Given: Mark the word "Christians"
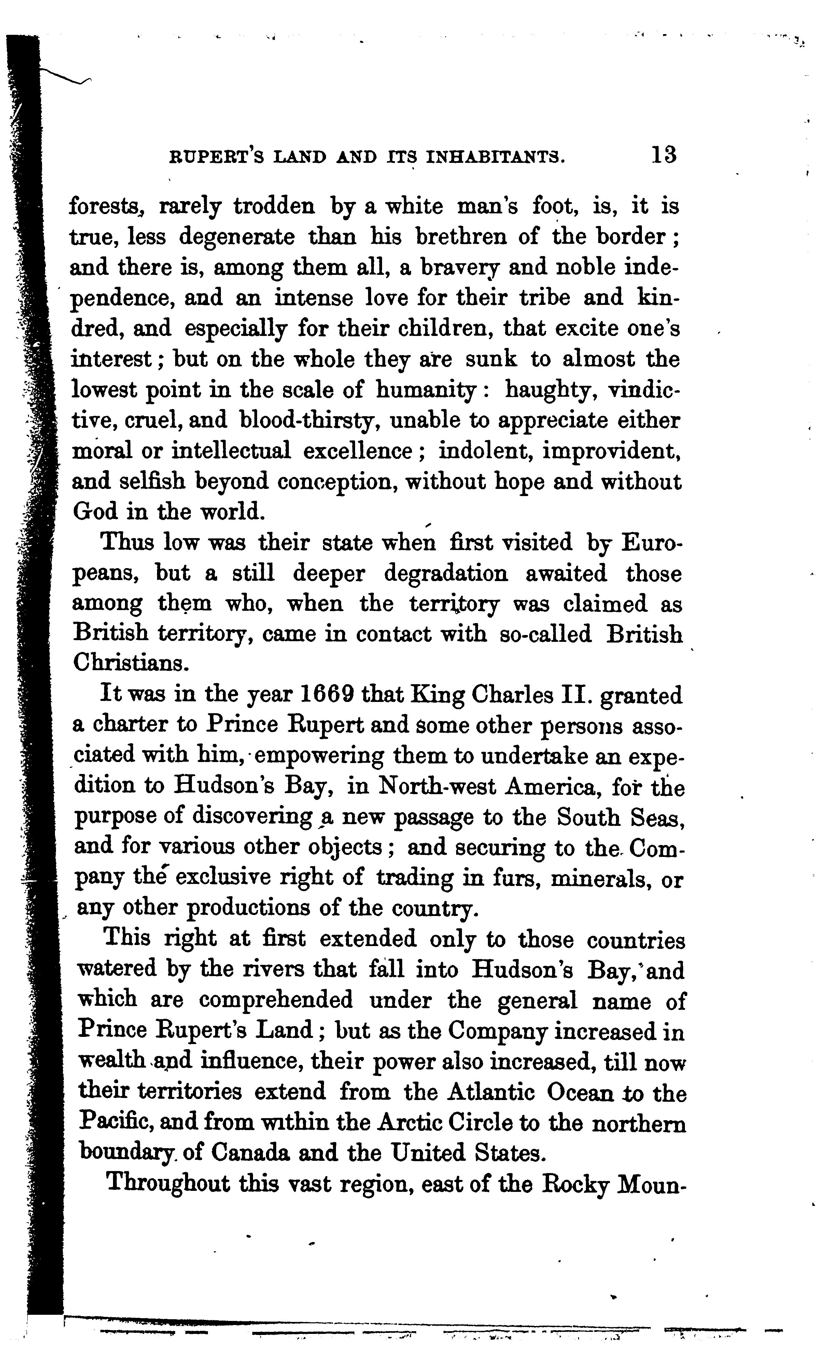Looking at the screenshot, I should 128,664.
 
